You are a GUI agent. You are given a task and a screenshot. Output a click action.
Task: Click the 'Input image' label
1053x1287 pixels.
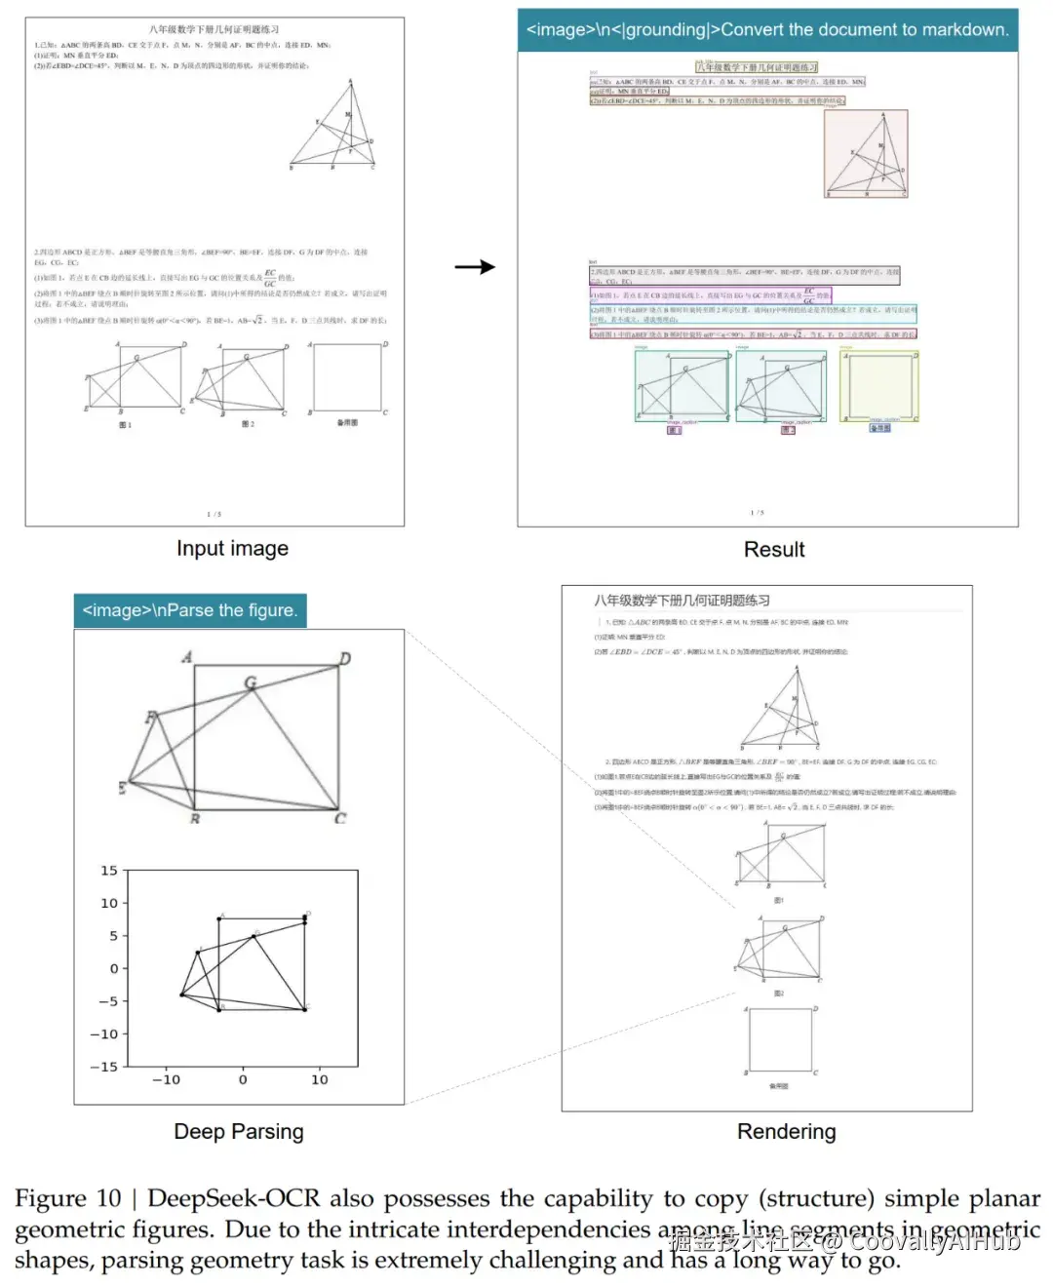232,549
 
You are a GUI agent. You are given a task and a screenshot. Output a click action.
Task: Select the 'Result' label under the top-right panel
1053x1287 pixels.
774,550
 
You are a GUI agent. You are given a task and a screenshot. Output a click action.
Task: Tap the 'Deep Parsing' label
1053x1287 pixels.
239,1131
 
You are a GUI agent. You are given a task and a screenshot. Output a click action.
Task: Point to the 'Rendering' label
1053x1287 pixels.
786,1131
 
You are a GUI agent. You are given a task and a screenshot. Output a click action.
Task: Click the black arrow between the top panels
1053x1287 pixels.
475,267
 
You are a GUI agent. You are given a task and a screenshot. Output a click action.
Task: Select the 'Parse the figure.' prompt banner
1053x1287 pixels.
189,610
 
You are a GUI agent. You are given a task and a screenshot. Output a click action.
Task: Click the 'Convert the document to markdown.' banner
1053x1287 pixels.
767,30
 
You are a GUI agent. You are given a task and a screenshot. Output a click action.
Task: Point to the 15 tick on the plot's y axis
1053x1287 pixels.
109,871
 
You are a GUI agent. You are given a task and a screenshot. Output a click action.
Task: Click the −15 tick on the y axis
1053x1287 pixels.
104,1067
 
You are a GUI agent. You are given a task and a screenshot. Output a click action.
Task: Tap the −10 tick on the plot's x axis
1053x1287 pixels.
166,1079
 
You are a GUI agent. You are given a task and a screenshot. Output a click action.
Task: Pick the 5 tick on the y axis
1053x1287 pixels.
113,936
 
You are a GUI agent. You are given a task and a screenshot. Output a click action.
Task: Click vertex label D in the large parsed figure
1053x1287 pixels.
345,659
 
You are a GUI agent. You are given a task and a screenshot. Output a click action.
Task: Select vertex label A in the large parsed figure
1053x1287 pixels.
186,657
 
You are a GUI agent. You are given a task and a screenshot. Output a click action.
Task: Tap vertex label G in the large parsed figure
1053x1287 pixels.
251,682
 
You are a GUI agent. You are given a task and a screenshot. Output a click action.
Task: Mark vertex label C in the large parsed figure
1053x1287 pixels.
340,818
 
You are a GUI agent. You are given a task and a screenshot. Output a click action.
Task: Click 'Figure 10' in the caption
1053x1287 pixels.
67,1198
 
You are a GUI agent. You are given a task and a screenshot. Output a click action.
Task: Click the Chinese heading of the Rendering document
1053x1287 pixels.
682,601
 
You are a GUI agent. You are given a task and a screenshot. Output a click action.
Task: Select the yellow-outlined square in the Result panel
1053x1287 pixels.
879,386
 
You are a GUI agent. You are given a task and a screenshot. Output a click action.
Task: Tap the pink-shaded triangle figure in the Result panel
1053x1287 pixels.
866,153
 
